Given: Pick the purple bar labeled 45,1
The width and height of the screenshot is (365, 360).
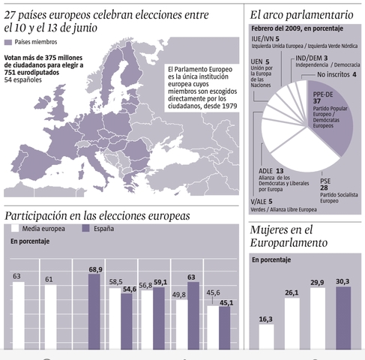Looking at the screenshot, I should (225, 327).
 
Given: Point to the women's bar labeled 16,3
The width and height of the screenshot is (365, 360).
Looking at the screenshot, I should (266, 336).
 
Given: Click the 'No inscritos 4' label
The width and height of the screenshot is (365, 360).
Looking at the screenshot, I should (337, 74).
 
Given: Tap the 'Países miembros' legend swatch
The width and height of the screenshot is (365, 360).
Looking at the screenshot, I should (8, 43).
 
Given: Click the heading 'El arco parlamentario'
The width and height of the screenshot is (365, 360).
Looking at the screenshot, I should (303, 13).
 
